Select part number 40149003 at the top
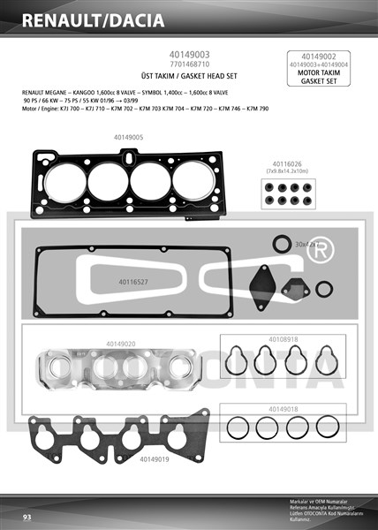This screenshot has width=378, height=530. pos(188,54)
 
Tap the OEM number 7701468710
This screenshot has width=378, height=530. pos(188,64)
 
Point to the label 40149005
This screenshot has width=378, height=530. pos(128,137)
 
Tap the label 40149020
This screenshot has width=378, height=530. pos(121,343)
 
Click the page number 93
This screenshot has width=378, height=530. pos(27,516)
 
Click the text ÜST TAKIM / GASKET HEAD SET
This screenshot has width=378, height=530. pos(188,77)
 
